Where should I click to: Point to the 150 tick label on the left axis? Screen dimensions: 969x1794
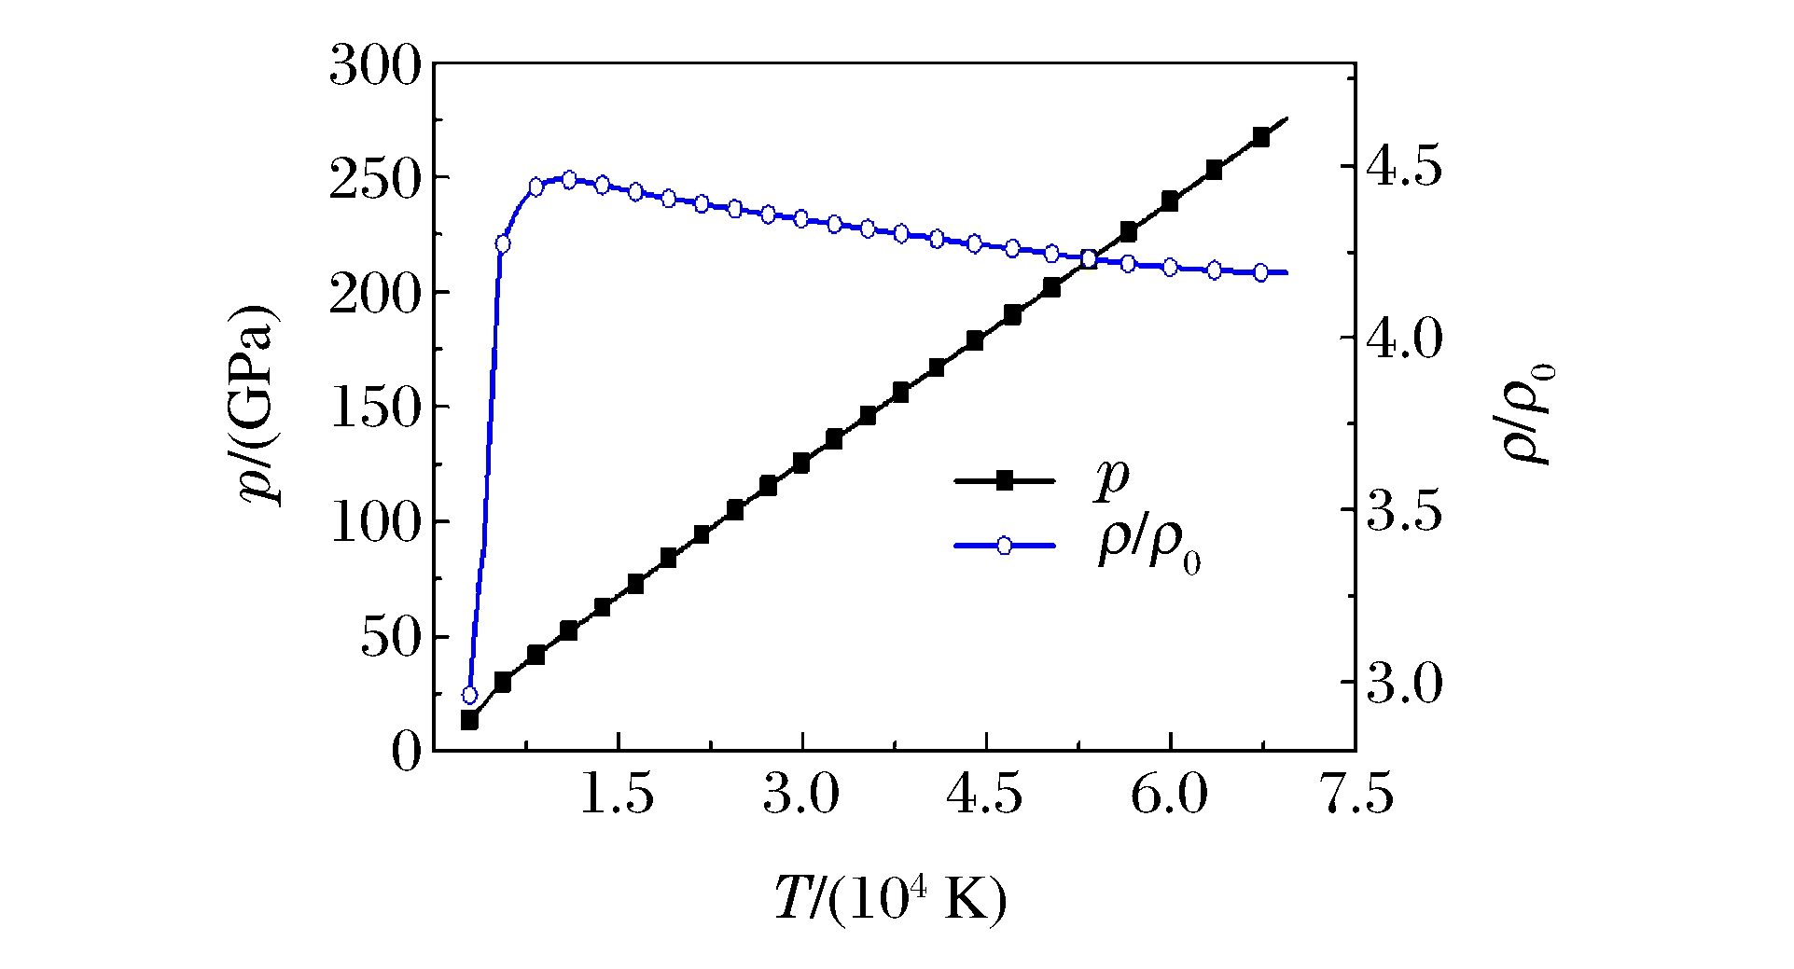375,408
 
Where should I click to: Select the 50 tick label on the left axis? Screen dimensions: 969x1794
391,638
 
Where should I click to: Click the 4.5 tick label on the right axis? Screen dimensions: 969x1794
1403,167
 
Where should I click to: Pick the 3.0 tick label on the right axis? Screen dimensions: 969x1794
1403,684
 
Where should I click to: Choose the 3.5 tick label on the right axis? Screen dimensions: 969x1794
1403,511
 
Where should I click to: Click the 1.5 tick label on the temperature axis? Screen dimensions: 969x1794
617,796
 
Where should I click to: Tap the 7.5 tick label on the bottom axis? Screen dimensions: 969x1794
1357,796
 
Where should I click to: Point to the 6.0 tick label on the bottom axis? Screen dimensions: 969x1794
1169,796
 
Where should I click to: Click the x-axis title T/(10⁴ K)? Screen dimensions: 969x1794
891,899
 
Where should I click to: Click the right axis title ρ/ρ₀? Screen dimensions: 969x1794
1527,410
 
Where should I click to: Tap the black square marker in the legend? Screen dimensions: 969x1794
1004,481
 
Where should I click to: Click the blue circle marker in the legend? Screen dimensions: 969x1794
1004,546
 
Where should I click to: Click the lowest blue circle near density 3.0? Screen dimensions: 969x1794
470,695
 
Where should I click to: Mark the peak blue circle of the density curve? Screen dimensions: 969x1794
569,180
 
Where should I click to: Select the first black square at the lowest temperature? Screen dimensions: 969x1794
470,720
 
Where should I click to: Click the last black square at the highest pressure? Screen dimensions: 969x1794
1261,137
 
